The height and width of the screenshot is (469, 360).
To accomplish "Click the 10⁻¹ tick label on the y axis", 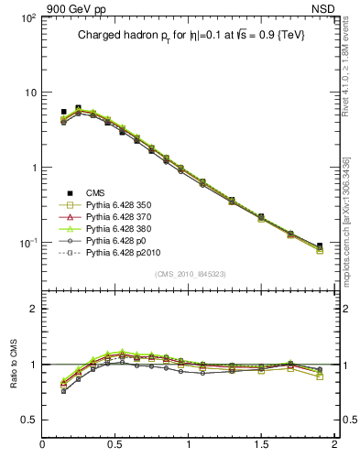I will click(x=27, y=243).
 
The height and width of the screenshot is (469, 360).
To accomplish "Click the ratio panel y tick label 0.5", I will click(x=29, y=420).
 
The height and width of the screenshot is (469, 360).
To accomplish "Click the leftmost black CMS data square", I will click(x=63, y=112).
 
